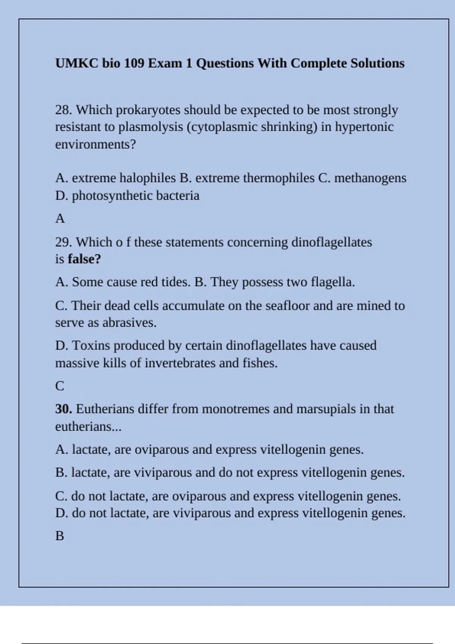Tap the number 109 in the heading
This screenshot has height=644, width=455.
click(x=134, y=63)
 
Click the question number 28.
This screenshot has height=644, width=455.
click(x=63, y=110)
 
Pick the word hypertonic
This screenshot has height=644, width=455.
click(x=364, y=127)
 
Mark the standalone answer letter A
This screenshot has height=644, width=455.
click(x=60, y=219)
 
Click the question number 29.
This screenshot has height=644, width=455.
click(x=63, y=242)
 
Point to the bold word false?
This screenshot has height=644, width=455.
click(x=84, y=259)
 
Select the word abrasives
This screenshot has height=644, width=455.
click(x=129, y=323)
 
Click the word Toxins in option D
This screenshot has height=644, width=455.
click(x=91, y=345)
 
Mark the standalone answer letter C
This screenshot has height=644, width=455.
click(x=60, y=386)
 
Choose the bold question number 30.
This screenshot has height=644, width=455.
click(x=63, y=409)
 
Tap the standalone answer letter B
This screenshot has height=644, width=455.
click(x=60, y=536)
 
